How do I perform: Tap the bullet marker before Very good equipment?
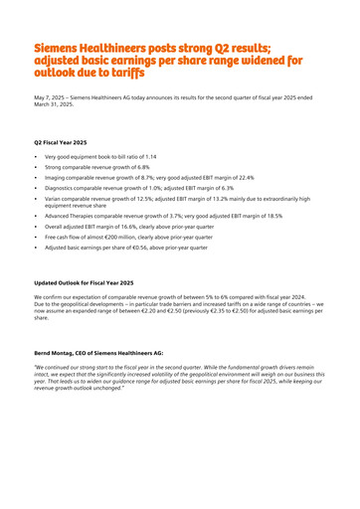tap(37, 157)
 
